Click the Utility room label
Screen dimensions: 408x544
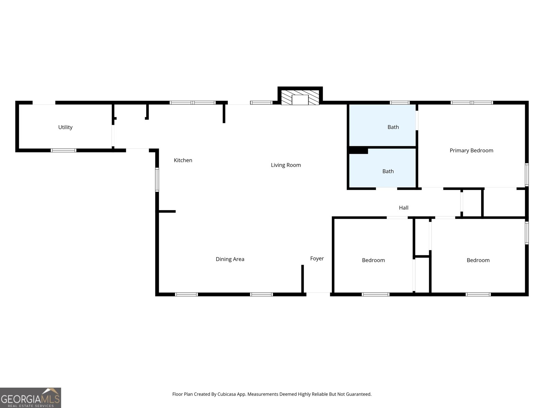click(65, 127)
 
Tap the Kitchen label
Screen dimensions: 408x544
click(183, 160)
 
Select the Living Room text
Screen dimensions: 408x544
click(286, 165)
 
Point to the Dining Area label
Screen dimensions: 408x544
click(230, 259)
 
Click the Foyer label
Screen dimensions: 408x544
click(317, 258)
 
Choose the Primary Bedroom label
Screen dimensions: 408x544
click(471, 150)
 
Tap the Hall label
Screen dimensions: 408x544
click(404, 207)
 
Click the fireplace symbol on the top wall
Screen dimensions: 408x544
click(300, 98)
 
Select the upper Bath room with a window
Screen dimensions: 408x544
click(382, 125)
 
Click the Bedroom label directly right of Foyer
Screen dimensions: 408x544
click(373, 260)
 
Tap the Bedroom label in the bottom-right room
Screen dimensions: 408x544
click(478, 260)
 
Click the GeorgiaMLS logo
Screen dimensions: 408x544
click(31, 398)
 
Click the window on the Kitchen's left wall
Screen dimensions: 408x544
click(157, 180)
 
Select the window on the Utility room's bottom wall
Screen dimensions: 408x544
click(64, 150)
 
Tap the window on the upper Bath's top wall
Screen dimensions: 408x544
click(400, 102)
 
